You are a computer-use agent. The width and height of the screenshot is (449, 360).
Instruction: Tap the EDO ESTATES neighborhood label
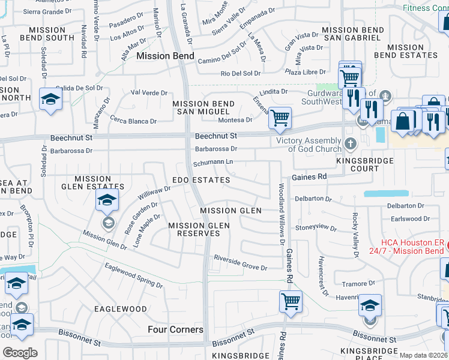tap(201, 180)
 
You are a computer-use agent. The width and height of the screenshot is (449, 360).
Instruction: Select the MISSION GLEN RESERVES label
tap(199, 229)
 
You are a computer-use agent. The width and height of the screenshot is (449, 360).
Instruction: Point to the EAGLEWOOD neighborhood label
tap(120, 309)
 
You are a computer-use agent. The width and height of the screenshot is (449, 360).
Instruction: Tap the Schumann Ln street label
tap(213, 163)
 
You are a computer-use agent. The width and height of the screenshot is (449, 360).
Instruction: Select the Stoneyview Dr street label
tap(316, 227)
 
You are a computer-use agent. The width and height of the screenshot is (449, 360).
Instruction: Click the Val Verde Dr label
tap(149, 93)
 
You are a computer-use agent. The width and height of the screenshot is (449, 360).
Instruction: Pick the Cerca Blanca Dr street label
tap(133, 121)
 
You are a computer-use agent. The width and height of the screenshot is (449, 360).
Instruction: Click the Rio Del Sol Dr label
tap(241, 73)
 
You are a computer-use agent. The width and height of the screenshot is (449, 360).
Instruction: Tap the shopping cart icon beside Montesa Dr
tap(279, 118)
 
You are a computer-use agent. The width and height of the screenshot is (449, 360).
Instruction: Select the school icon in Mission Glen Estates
tap(107, 200)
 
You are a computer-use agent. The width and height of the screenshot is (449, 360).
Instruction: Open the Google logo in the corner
tap(20, 353)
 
